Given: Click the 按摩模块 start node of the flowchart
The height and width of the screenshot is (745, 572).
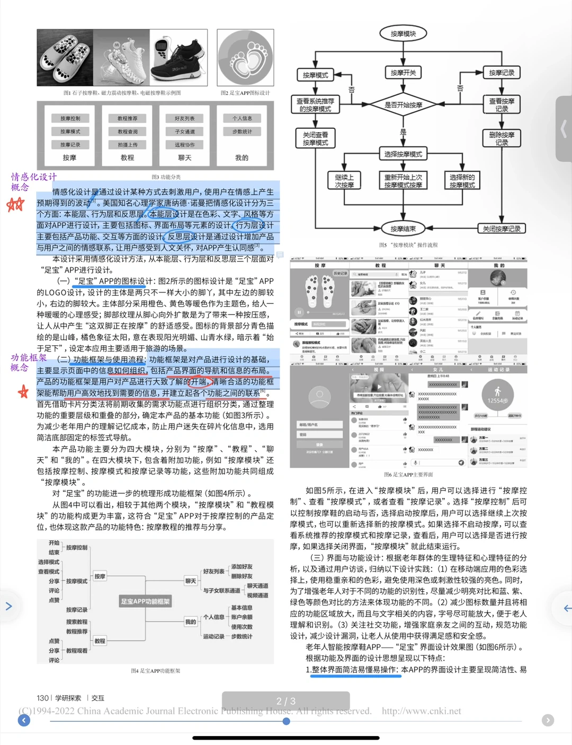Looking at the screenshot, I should (x=403, y=34).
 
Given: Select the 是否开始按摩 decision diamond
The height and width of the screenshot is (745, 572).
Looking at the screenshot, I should (x=403, y=105).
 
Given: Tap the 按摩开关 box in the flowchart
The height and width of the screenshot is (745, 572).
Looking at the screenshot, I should (x=403, y=73).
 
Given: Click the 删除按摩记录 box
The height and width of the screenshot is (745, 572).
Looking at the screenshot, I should (x=502, y=138).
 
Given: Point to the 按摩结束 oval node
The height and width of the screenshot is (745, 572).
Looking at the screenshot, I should (x=403, y=229).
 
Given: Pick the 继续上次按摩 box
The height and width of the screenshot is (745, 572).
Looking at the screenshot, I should (x=344, y=181).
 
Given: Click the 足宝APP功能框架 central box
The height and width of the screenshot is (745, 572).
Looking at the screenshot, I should (x=146, y=601).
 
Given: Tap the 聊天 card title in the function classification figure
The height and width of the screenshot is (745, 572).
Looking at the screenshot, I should (x=185, y=157).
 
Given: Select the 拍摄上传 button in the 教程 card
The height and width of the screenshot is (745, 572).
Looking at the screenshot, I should (x=127, y=145).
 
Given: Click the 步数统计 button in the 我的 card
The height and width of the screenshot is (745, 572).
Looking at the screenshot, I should (x=242, y=132).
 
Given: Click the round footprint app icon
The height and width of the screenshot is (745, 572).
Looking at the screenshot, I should (x=245, y=58).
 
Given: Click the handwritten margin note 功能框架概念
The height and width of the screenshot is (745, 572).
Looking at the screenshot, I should (x=29, y=362).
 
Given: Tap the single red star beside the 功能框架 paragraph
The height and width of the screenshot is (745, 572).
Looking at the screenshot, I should (x=23, y=392).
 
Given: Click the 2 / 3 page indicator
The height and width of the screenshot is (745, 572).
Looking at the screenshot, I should (x=285, y=701).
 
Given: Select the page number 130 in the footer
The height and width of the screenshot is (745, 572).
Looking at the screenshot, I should (x=42, y=698).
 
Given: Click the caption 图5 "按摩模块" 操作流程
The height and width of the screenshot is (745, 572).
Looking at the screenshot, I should (x=408, y=245).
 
